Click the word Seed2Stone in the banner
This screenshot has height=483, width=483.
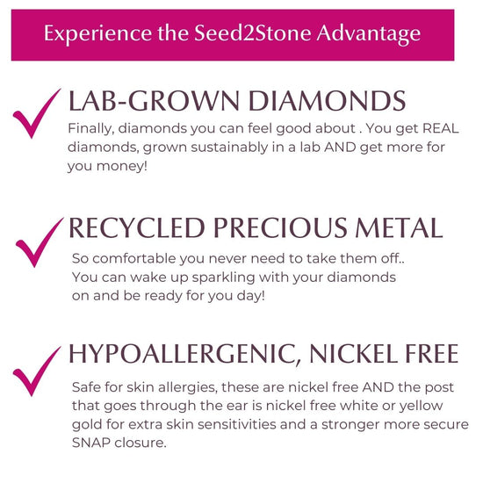click(x=253, y=33)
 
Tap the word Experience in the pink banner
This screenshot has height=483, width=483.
click(x=98, y=34)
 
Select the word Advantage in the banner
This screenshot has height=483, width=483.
click(x=369, y=34)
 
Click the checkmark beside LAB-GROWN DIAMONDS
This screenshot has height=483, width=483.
click(x=37, y=113)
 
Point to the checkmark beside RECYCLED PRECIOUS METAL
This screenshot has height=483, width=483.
click(x=40, y=242)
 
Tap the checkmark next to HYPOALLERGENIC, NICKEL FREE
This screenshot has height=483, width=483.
click(x=37, y=371)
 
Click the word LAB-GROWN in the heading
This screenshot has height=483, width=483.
click(x=154, y=101)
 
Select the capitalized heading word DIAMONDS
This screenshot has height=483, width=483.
click(x=328, y=101)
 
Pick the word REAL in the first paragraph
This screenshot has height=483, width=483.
click(x=441, y=128)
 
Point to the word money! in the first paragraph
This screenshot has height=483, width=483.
click(x=122, y=167)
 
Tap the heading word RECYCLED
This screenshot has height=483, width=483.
click(x=137, y=228)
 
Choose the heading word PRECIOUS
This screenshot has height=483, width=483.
click(x=280, y=228)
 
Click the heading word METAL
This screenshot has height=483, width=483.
click(x=400, y=228)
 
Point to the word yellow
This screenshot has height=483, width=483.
click(x=421, y=407)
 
